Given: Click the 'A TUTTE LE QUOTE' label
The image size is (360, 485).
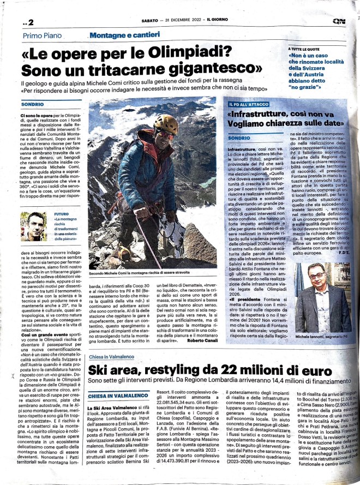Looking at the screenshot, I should (304, 50).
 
